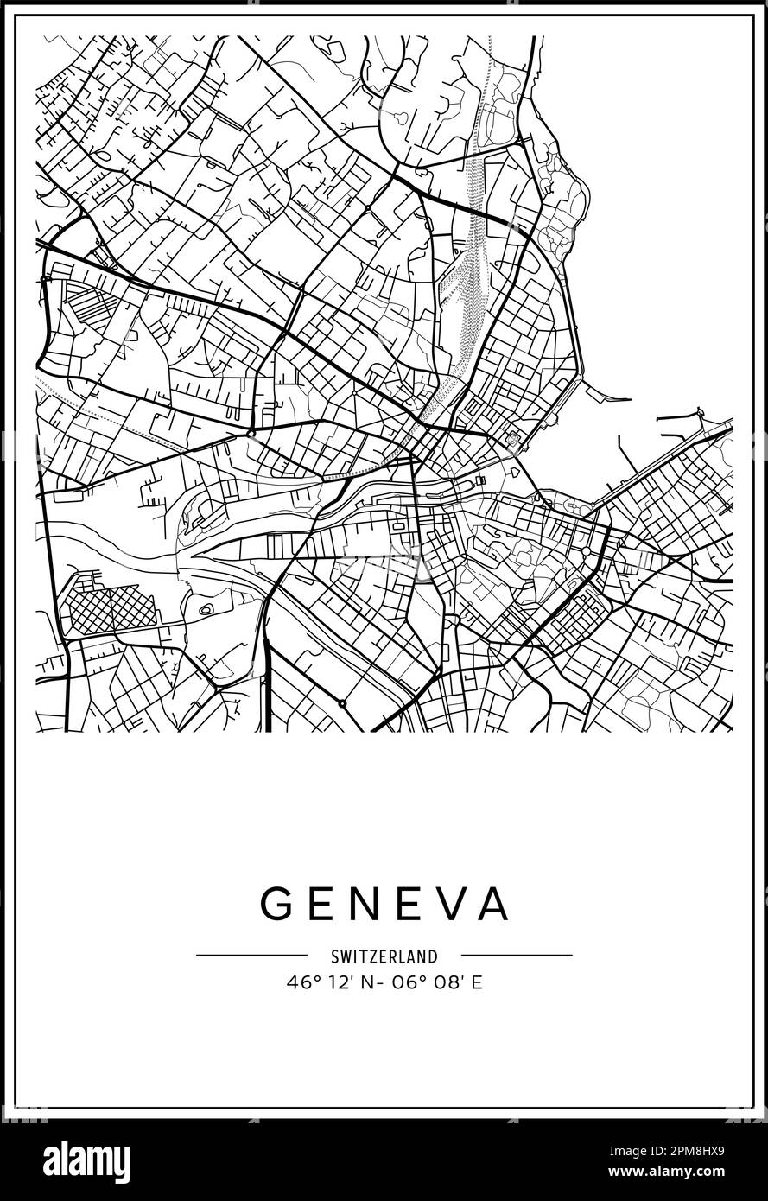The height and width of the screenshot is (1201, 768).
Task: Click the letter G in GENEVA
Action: point(278,904)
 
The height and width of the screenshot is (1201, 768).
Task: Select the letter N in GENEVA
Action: point(362,904)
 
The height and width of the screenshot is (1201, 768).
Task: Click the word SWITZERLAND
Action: point(384,956)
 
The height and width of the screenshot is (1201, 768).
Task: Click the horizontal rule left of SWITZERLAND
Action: point(251,956)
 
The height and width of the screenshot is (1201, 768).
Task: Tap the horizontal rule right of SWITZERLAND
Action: point(517,956)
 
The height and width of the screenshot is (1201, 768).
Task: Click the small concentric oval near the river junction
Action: point(206,609)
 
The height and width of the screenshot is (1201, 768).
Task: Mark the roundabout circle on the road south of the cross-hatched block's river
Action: point(342,703)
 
